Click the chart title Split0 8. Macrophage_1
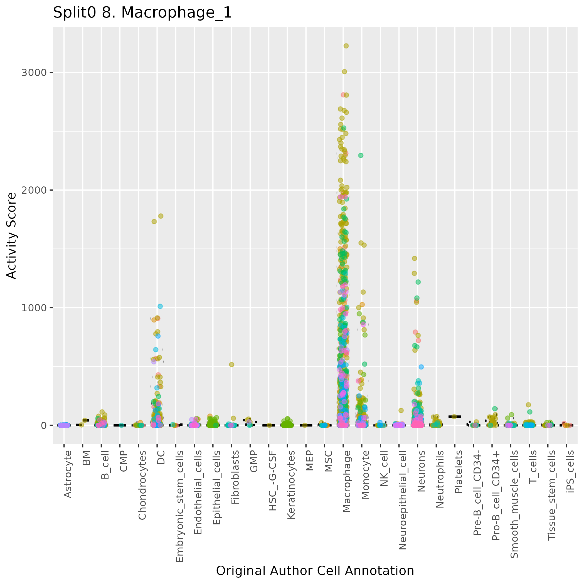[142, 13]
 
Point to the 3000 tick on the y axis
[34, 73]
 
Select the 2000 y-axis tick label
[34, 190]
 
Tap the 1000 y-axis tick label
[34, 308]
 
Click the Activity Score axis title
[11, 236]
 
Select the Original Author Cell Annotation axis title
[315, 571]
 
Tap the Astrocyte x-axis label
[68, 474]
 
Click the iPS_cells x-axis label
[570, 471]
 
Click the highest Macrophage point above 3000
[346, 46]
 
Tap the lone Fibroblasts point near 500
[231, 364]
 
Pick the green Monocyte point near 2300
[361, 155]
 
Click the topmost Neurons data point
[415, 258]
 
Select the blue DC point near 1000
[160, 306]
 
